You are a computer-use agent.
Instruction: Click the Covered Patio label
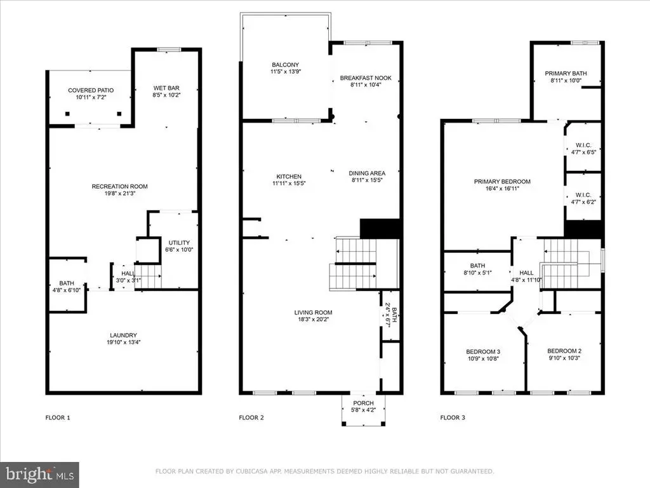pyautogui.click(x=91, y=90)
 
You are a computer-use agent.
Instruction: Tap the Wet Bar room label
pyautogui.click(x=166, y=88)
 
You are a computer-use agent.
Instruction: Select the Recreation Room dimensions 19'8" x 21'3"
pyautogui.click(x=120, y=193)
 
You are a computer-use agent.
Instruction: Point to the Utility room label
pyautogui.click(x=179, y=243)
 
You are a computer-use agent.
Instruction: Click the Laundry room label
pyautogui.click(x=124, y=335)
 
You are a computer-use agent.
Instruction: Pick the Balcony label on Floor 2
pyautogui.click(x=285, y=65)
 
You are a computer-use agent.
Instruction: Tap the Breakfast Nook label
pyautogui.click(x=366, y=78)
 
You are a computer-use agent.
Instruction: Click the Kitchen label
pyautogui.click(x=289, y=177)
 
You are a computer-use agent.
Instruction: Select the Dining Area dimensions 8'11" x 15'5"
pyautogui.click(x=367, y=180)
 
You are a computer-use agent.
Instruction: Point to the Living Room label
pyautogui.click(x=314, y=313)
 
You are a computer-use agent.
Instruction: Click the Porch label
pyautogui.click(x=364, y=403)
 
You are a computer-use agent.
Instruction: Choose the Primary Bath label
pyautogui.click(x=566, y=74)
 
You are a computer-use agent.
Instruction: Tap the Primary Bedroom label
pyautogui.click(x=503, y=181)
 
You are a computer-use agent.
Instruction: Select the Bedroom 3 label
pyautogui.click(x=483, y=352)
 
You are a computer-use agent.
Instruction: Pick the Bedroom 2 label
pyautogui.click(x=564, y=351)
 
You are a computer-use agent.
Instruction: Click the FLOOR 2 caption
pyautogui.click(x=251, y=417)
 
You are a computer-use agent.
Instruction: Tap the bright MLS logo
pyautogui.click(x=39, y=475)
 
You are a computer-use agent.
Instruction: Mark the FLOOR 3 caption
pyautogui.click(x=453, y=417)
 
